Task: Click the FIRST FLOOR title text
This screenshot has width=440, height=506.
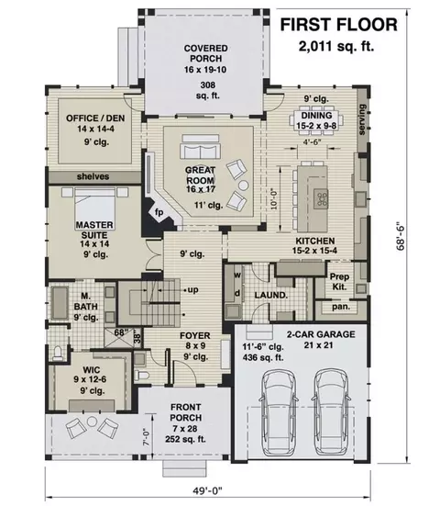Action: [339, 25]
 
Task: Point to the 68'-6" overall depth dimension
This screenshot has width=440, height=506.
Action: [401, 236]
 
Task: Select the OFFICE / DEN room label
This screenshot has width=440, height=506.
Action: [95, 118]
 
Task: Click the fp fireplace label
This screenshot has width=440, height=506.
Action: [159, 212]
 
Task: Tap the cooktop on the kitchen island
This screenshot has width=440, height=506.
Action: [322, 197]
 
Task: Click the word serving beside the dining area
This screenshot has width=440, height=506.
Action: [362, 119]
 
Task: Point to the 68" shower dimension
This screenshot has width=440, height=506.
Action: [121, 332]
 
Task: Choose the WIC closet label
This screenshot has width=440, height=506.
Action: [92, 370]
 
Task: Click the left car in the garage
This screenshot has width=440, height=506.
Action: [279, 413]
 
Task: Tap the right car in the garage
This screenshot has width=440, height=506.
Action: [332, 413]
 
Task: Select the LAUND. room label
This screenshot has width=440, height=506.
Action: [271, 295]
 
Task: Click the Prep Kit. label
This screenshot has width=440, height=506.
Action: [339, 281]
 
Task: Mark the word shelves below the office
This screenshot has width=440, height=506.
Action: [93, 176]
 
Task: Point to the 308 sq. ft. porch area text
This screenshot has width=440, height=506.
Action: [208, 90]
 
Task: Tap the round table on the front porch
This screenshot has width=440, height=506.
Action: [92, 422]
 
